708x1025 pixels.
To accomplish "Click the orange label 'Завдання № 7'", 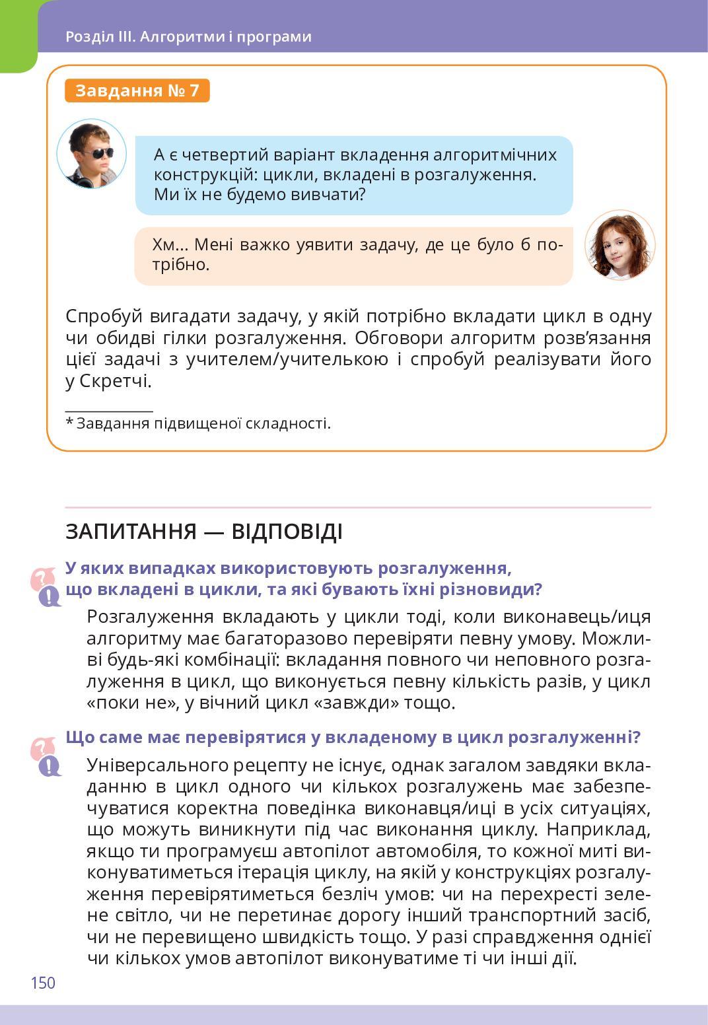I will click(137, 90).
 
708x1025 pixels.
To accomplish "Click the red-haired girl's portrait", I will click(619, 245).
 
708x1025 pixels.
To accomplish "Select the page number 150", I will click(43, 983).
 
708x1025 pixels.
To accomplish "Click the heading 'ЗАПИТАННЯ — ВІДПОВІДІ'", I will click(204, 531).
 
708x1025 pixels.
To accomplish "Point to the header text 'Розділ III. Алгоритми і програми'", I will click(188, 36).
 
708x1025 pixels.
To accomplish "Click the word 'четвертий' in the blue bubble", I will click(220, 155).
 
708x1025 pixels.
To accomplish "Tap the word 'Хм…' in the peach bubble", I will click(170, 245).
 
